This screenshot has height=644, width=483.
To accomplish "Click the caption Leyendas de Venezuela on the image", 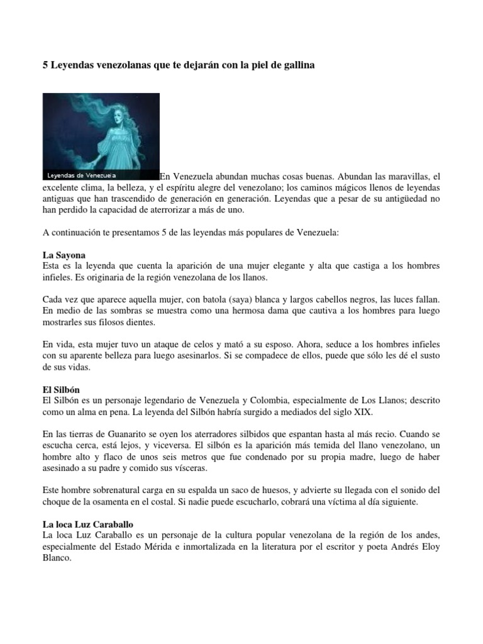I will [x=82, y=175].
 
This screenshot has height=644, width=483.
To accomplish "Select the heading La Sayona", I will [x=64, y=256].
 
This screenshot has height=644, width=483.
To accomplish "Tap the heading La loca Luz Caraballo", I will [x=87, y=523].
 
